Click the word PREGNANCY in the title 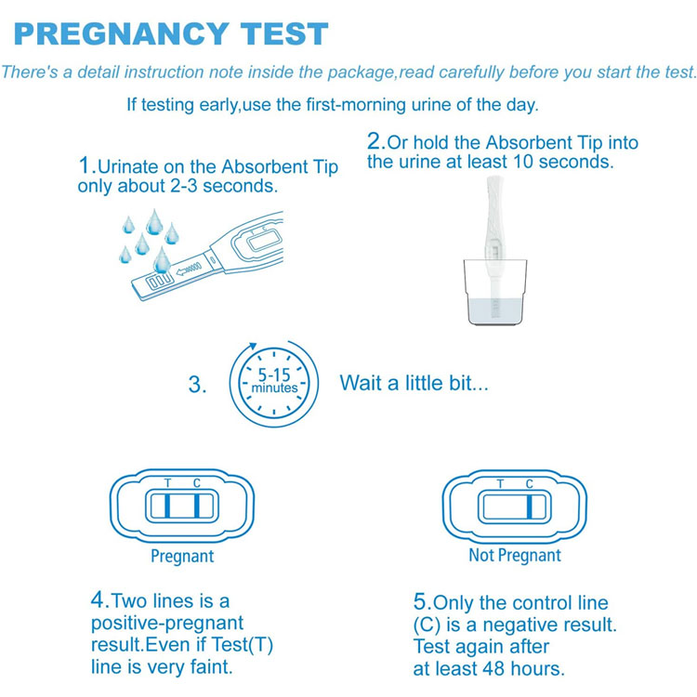[122, 33]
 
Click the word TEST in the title [284, 33]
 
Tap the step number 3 [197, 385]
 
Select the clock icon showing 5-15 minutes [274, 384]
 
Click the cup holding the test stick [494, 292]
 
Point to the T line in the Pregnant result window [167, 506]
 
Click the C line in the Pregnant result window [196, 506]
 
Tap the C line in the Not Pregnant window [530, 506]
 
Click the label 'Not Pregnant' [515, 555]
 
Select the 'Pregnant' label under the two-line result [182, 556]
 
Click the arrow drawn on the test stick [189, 269]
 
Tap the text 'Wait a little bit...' [414, 383]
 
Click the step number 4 [100, 599]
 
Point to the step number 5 [422, 602]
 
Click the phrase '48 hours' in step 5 [521, 668]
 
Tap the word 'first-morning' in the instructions [356, 105]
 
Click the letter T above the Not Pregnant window [500, 483]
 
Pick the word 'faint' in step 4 [211, 666]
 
